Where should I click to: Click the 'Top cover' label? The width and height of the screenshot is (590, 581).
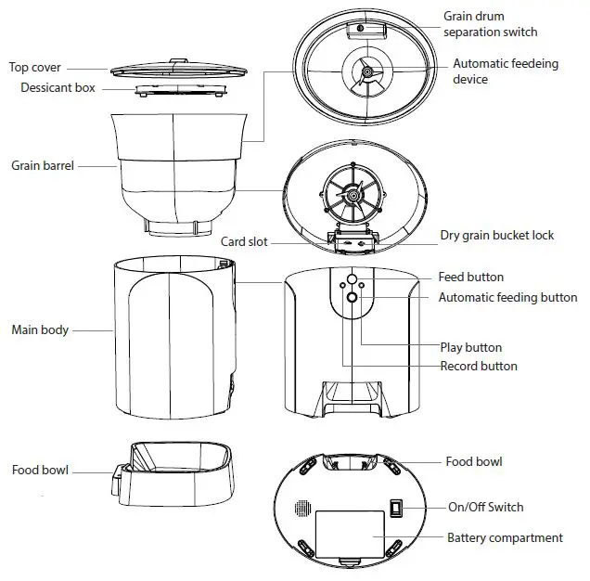click(x=35, y=67)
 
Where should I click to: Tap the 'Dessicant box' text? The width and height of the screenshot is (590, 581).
click(x=61, y=88)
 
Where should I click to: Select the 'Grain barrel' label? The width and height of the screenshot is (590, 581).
click(x=43, y=166)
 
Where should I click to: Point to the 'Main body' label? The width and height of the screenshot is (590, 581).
click(x=39, y=329)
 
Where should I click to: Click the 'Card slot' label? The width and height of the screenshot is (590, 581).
click(x=244, y=242)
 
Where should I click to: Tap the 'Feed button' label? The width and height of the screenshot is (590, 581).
click(x=470, y=277)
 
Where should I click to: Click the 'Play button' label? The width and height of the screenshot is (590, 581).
click(x=470, y=348)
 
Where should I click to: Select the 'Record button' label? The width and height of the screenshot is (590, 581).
click(x=478, y=366)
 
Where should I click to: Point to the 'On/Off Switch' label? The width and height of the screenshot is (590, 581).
click(x=485, y=507)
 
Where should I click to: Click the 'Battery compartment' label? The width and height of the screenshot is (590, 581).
click(x=505, y=537)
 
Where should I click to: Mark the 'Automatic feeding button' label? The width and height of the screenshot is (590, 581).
click(x=507, y=298)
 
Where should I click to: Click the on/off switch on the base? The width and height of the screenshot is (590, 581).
click(x=396, y=509)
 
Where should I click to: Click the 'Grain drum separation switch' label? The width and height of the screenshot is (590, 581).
click(x=490, y=24)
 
